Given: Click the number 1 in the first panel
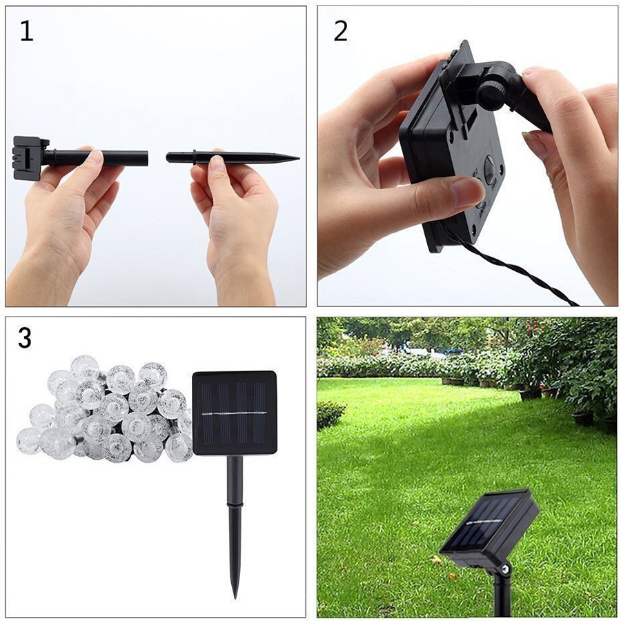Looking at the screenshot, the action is pos(26,31).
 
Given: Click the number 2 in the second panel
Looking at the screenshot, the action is pos(341,31).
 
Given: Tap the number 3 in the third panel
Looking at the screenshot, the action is pos(25,339).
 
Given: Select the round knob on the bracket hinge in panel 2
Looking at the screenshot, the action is pos(491,94).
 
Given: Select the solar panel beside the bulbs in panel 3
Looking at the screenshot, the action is pos(235,413).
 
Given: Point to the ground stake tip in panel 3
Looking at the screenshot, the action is pos(235,597).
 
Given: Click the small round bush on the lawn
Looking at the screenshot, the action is pos(331,414).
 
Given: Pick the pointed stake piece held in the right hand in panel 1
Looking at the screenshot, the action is pos(233,158).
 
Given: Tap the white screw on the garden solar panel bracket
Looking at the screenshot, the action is pos(505,569).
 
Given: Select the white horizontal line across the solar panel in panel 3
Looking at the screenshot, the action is pos(234,414).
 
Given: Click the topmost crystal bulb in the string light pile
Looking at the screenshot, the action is pos(84,366).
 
